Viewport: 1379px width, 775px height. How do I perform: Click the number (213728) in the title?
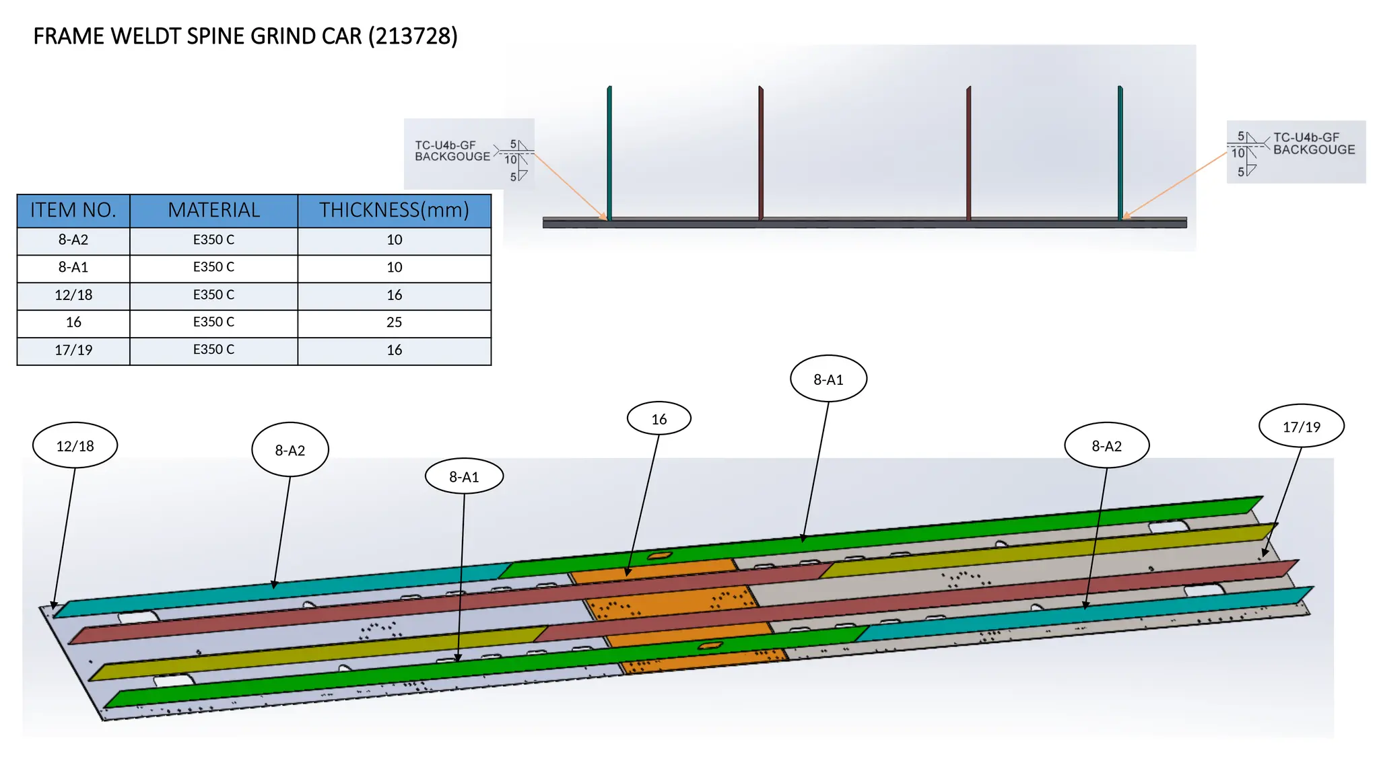pos(413,36)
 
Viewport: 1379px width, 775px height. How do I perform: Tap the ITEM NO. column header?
pos(73,211)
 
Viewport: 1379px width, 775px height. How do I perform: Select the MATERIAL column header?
pos(214,211)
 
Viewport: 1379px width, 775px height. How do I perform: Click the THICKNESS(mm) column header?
pos(394,211)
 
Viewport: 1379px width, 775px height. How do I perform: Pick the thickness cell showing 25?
pos(394,322)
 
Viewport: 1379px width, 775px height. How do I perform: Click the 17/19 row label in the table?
pos(73,350)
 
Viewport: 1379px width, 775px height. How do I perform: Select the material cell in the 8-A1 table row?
pos(214,267)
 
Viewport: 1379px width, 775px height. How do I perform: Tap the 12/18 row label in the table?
pos(73,295)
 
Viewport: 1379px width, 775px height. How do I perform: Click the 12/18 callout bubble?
pos(75,445)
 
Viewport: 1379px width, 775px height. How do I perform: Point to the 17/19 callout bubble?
pos(1302,426)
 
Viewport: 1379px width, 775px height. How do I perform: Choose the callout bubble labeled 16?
pos(659,418)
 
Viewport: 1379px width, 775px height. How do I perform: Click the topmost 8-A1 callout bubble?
pos(828,379)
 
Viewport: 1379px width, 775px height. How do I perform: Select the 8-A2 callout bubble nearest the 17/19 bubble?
pos(1107,445)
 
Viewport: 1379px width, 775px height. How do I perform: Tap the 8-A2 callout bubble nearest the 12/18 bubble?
pos(290,449)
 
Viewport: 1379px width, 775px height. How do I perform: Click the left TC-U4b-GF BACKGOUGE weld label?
pos(452,151)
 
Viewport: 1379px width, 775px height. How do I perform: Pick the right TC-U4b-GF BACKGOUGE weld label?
pos(1314,143)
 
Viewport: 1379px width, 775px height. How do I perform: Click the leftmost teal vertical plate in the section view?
pos(609,153)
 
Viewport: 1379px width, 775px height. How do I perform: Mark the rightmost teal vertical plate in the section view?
pos(1120,153)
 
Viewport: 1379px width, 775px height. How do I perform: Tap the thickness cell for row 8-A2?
pos(394,239)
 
